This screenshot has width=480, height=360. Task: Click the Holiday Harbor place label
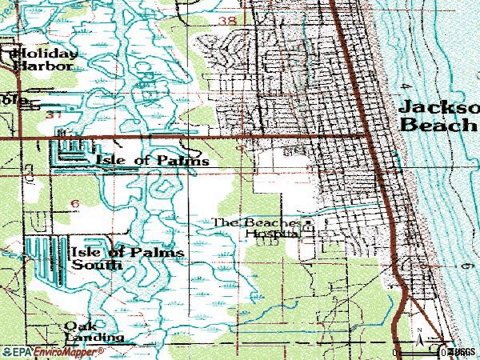(x=45, y=59)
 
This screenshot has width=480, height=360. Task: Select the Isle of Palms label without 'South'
(x=152, y=161)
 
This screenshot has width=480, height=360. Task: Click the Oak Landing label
(x=95, y=331)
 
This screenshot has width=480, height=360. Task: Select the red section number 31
(x=54, y=117)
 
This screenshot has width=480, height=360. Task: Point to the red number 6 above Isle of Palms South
(x=74, y=205)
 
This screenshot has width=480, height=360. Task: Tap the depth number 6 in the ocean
(x=462, y=264)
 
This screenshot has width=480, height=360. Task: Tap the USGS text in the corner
(x=463, y=350)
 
